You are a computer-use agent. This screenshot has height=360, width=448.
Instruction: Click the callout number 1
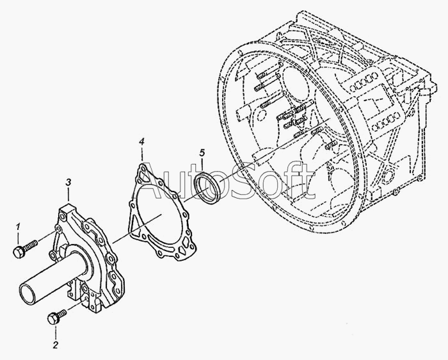19,225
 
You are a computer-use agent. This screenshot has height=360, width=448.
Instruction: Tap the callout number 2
56,346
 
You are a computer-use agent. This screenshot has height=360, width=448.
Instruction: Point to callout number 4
142,141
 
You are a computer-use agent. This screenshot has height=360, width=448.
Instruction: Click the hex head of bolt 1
18,251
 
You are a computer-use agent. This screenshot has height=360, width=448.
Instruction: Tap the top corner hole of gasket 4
142,168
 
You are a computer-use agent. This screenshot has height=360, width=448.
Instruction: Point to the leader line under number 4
142,154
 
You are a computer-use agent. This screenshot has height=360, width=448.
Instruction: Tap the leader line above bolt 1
19,237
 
